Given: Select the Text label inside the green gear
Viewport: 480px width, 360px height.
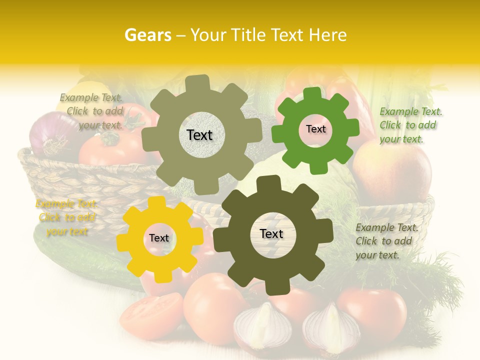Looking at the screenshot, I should pyautogui.click(x=315, y=129).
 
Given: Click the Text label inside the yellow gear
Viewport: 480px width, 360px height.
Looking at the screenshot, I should pyautogui.click(x=159, y=238).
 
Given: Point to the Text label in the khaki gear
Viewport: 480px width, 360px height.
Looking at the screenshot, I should pyautogui.click(x=199, y=135).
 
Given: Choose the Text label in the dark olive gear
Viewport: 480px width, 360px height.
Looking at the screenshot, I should pyautogui.click(x=271, y=234).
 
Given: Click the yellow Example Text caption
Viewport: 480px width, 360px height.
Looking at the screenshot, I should pyautogui.click(x=66, y=218).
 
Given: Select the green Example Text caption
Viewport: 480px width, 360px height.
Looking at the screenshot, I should pyautogui.click(x=410, y=125).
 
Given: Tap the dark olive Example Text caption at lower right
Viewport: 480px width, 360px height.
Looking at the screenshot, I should pyautogui.click(x=386, y=241).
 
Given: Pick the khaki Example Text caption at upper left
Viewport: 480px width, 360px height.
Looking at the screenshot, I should pyautogui.click(x=91, y=111).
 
